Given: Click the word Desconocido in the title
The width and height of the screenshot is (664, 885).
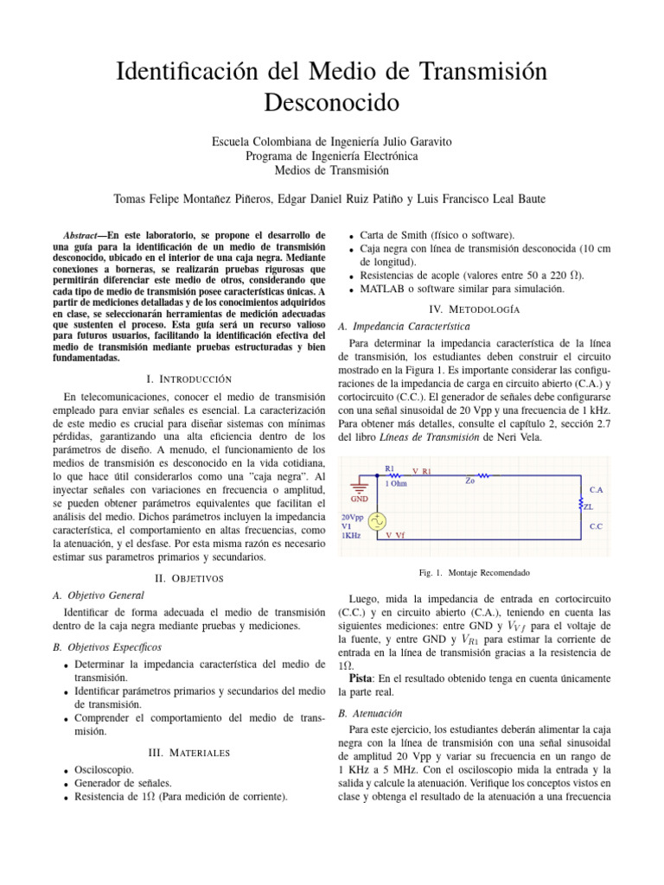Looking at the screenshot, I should pyautogui.click(x=331, y=103).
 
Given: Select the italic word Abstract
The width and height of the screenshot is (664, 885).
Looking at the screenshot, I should pyautogui.click(x=85, y=235).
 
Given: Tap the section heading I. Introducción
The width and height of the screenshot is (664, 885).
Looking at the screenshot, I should pyautogui.click(x=189, y=379).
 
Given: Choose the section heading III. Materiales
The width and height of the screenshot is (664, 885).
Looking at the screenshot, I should pyautogui.click(x=189, y=753).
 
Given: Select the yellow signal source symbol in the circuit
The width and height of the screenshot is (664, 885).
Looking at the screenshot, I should pyautogui.click(x=378, y=521).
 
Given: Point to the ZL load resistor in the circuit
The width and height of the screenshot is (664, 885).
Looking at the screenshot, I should pyautogui.click(x=580, y=502).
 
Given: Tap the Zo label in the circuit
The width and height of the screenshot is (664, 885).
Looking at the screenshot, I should pyautogui.click(x=470, y=481).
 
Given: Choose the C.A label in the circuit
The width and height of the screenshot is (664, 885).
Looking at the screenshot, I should pyautogui.click(x=597, y=489).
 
